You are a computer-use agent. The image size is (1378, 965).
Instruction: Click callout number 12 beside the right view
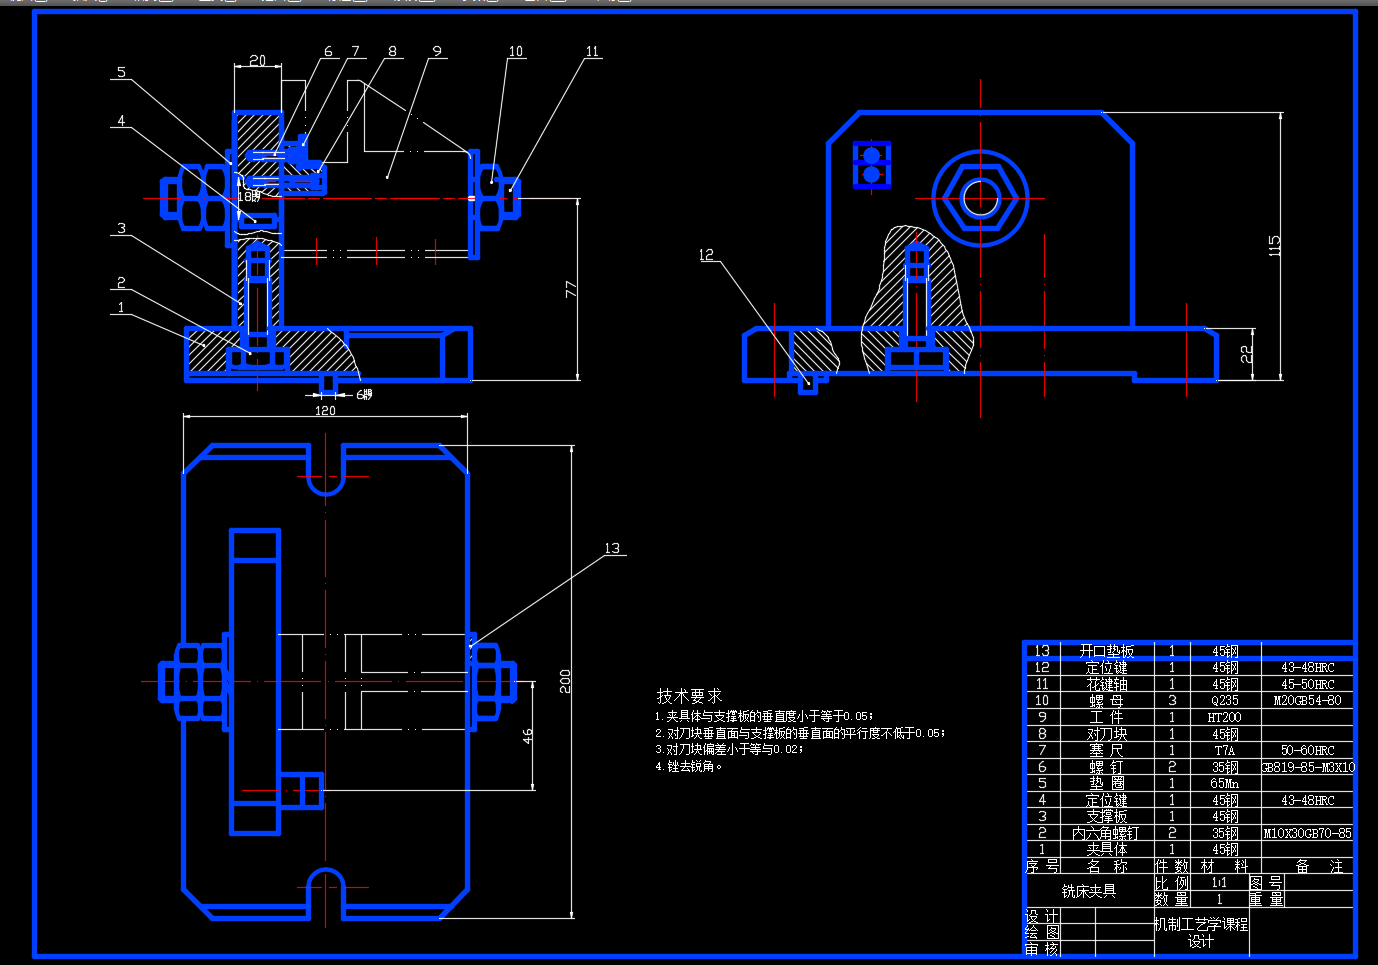(707, 255)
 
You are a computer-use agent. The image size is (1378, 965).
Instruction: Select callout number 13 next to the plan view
(612, 548)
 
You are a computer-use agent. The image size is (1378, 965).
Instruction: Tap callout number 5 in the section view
(121, 72)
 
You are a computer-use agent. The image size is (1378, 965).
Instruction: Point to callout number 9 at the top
(437, 51)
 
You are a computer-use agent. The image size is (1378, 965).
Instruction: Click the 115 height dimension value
(1274, 245)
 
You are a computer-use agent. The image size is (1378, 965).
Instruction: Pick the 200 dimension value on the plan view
(565, 681)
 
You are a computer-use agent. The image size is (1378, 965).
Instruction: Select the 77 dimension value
(570, 289)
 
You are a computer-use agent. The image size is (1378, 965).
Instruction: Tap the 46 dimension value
(527, 736)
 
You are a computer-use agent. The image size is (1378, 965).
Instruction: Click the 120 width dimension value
(325, 411)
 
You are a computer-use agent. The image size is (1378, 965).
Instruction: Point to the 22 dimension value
(1246, 354)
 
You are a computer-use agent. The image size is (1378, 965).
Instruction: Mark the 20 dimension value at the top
(257, 61)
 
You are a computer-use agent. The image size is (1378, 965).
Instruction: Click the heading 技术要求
(689, 695)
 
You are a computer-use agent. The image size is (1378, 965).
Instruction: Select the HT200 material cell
(1224, 717)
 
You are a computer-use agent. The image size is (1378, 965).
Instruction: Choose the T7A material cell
(1224, 750)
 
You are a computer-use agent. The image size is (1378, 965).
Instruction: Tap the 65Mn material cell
(1224, 783)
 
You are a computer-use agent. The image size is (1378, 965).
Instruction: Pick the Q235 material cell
(1224, 701)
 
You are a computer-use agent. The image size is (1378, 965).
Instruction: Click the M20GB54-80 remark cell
(1307, 700)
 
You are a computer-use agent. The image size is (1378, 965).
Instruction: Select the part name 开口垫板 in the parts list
(1106, 651)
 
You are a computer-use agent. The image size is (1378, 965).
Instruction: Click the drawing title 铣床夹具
(1089, 890)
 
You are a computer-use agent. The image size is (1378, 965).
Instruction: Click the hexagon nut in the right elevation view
(980, 197)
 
